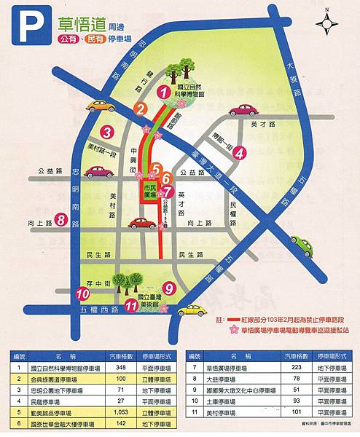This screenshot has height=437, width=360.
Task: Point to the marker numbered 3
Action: coord(106,132)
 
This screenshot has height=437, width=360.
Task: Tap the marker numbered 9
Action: coord(169,288)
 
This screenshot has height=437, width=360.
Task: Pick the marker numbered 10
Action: coord(82,294)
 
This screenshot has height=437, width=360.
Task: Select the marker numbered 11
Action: coord(131,307)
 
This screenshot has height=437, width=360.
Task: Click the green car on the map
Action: coord(302,245)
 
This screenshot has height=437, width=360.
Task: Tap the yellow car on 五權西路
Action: coord(192,310)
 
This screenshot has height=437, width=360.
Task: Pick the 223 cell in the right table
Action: coord(295,369)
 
